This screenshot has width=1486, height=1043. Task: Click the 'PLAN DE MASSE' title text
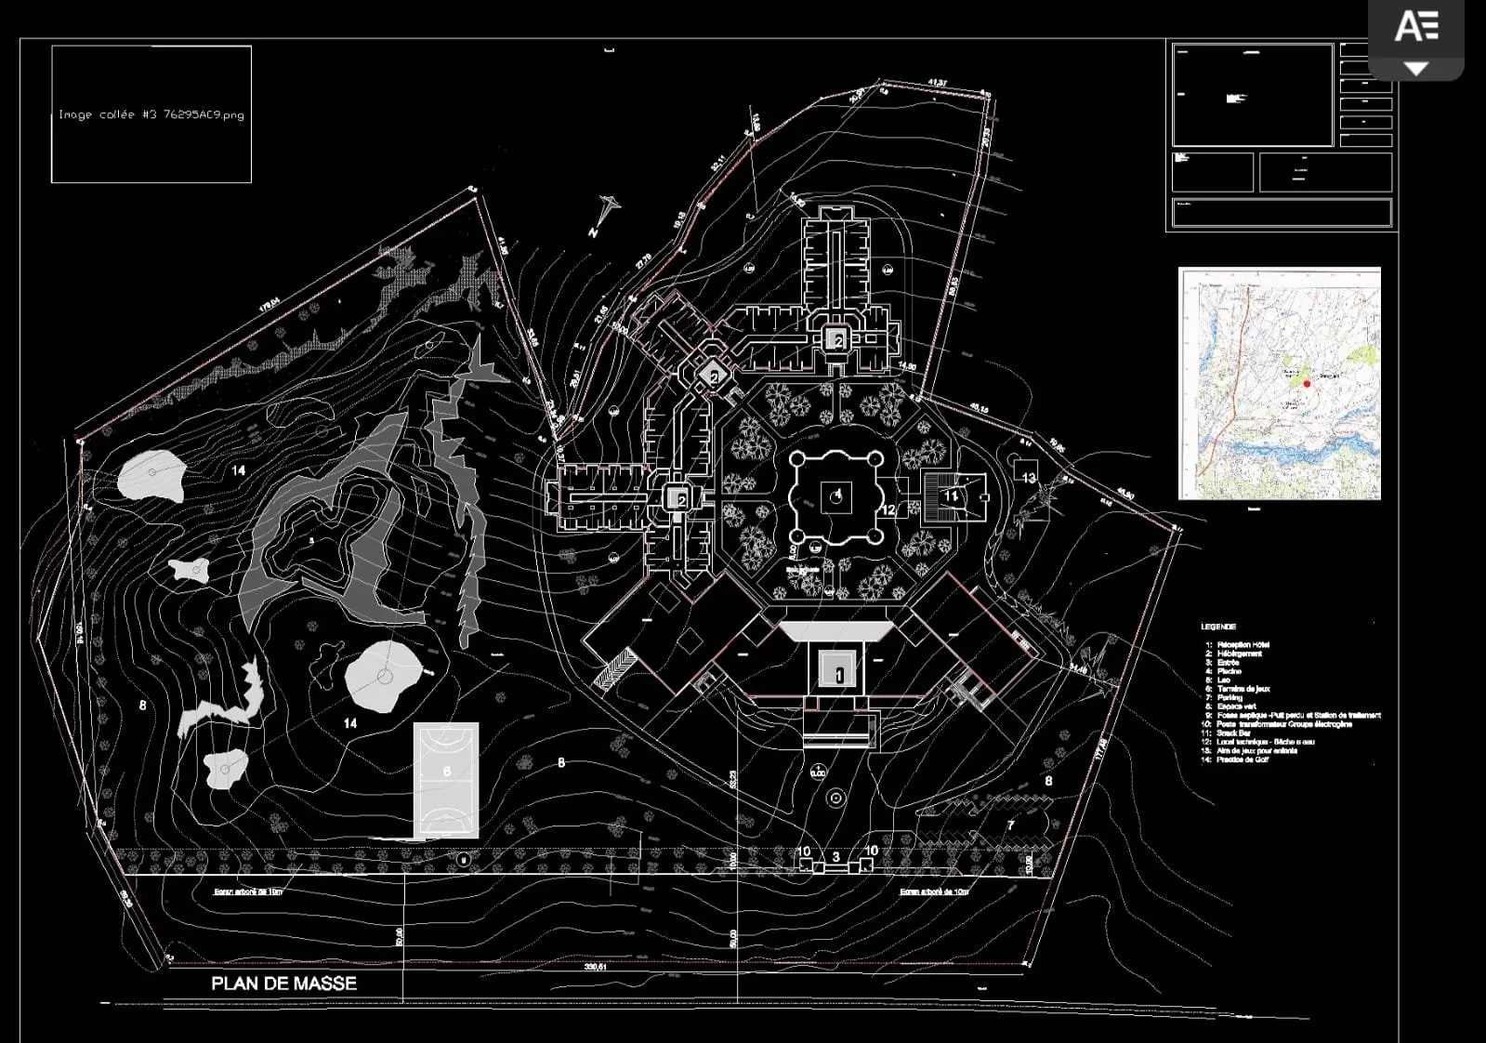[x=283, y=984]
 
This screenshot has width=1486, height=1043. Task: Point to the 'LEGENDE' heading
[x=1217, y=627]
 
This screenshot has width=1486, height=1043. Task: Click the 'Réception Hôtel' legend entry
[x=1243, y=644]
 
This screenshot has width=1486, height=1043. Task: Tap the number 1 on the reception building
[x=839, y=675]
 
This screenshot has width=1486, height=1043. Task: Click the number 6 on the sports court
[x=447, y=772]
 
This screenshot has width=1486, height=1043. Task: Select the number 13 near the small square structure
[x=1028, y=478]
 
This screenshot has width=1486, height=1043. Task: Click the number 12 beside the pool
[x=888, y=509]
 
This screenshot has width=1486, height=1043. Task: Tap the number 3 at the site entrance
[x=836, y=857]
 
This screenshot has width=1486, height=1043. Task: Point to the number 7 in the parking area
[x=1011, y=825]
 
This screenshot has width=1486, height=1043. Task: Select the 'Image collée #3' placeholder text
[x=151, y=115]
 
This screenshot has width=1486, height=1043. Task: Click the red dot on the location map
[x=1307, y=383]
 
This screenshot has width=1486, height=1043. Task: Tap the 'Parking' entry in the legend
[x=1230, y=697]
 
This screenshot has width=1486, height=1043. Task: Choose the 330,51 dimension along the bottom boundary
[x=594, y=967]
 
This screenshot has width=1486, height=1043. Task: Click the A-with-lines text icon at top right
[x=1416, y=26]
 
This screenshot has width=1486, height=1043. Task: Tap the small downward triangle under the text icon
[x=1415, y=69]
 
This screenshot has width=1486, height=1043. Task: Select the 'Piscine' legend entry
[x=1229, y=671]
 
